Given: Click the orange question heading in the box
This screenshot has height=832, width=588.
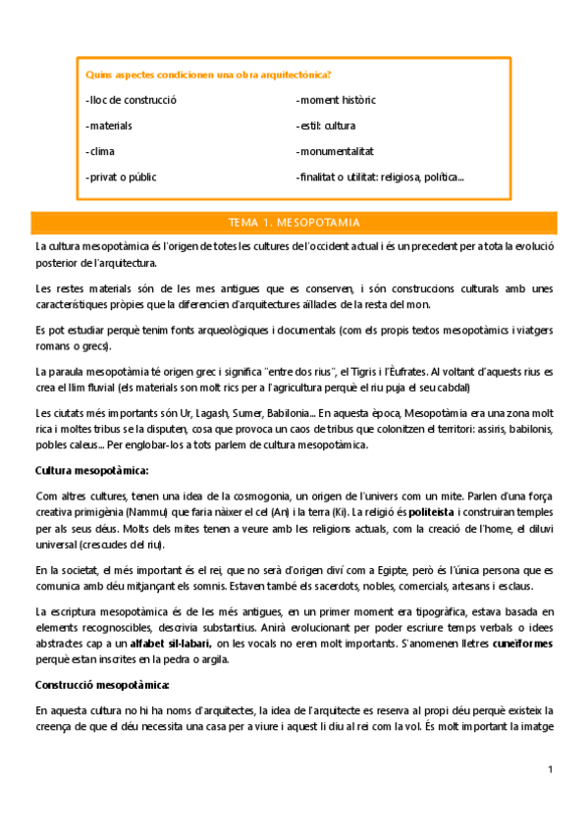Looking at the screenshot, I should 208,75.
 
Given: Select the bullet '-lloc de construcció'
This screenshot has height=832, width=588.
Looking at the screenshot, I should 131,100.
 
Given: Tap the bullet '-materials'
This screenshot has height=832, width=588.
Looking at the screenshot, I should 109,126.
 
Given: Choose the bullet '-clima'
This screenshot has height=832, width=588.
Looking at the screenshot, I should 101,151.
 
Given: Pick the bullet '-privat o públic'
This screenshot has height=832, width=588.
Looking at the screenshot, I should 121,177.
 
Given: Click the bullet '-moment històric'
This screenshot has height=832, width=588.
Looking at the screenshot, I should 336,100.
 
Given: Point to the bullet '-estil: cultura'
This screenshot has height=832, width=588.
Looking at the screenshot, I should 326,126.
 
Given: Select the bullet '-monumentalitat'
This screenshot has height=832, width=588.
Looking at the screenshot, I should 335,151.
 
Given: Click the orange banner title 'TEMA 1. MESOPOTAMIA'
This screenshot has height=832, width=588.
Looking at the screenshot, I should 294,223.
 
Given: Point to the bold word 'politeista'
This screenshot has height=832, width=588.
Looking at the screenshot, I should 431,512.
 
